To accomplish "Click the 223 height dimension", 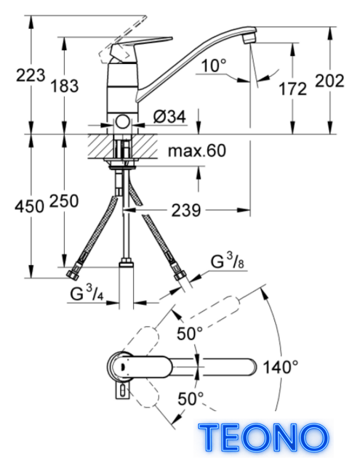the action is tap(31, 76).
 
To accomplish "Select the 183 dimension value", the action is tap(65, 86).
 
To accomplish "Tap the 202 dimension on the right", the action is tap(329, 81).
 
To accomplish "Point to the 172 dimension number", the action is tap(292, 89).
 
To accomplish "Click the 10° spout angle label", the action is tap(214, 65).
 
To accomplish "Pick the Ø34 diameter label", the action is tap(169, 116).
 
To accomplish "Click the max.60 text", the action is tap(197, 150).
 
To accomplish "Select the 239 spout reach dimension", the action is tap(186, 211).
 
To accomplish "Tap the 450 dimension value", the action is tap(29, 206).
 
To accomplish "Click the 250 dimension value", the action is tap(64, 201).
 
